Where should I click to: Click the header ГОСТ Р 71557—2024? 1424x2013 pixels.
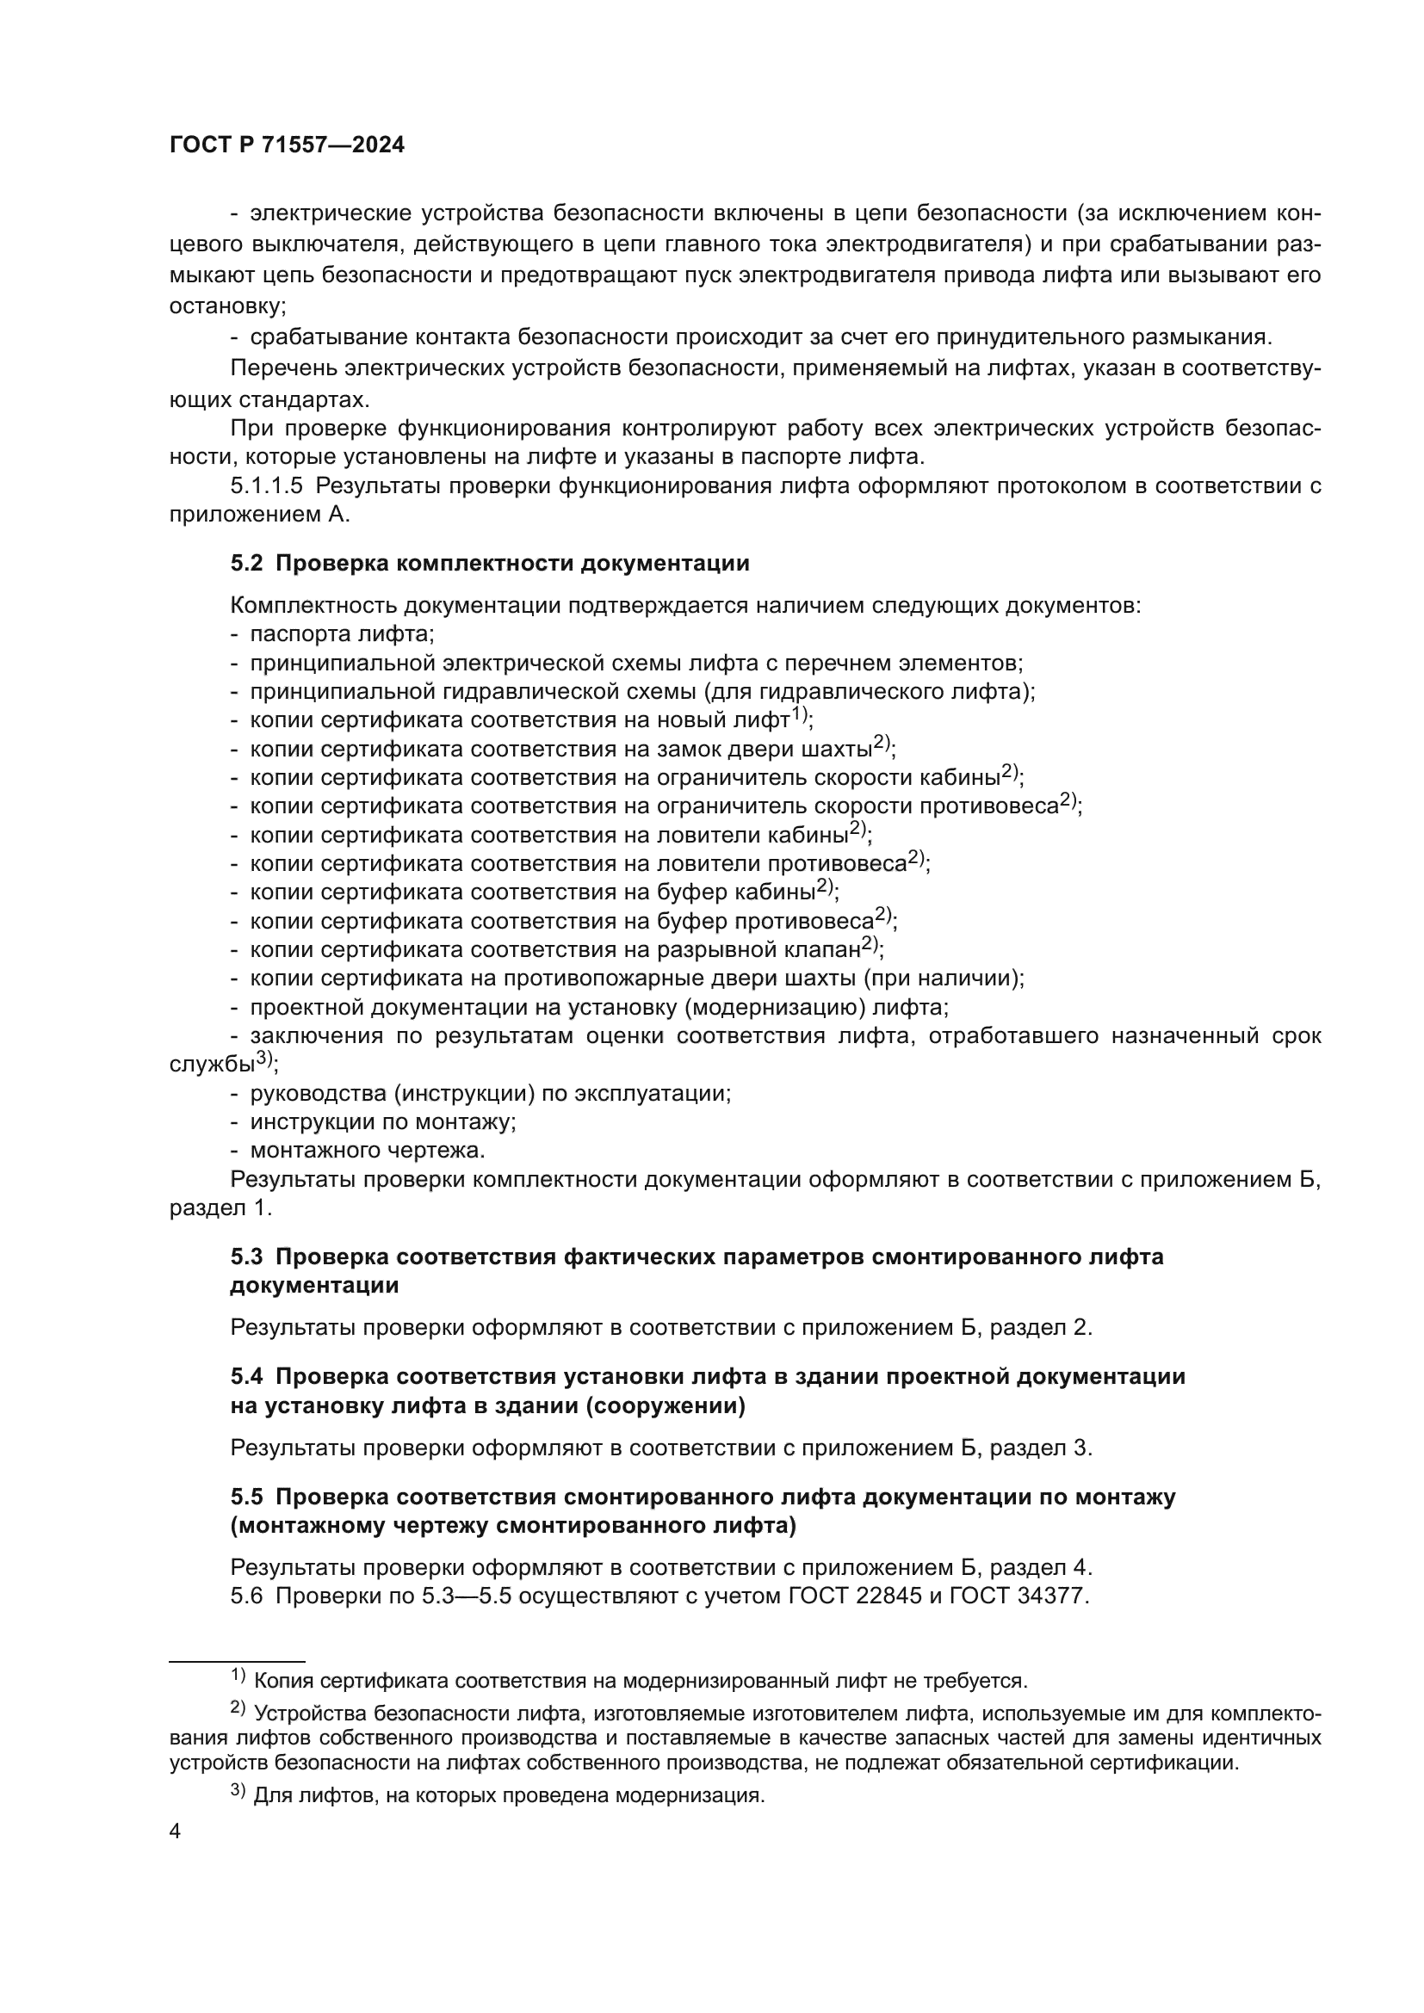(x=287, y=145)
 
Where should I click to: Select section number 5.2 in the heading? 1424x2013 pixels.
(x=246, y=564)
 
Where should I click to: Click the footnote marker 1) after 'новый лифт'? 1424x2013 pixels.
(x=800, y=714)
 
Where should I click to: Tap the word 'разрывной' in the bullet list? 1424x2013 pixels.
(x=712, y=949)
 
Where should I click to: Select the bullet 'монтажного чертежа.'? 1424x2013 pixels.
(x=368, y=1150)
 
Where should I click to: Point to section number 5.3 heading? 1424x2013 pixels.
(x=246, y=1257)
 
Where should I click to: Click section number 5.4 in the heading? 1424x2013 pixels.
(x=246, y=1376)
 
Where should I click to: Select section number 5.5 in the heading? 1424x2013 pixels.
(x=246, y=1497)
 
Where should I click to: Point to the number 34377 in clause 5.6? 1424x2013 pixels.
(x=1051, y=1596)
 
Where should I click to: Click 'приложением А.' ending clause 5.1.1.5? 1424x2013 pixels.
(x=259, y=516)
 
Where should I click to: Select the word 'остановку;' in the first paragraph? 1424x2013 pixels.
(x=228, y=307)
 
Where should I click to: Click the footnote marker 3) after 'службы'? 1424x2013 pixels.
(x=266, y=1059)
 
